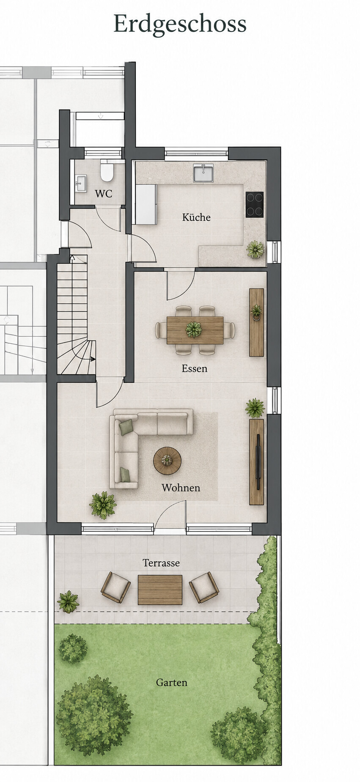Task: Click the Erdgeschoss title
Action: coord(180,24)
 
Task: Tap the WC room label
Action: coord(104,194)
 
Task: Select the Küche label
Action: coord(196,217)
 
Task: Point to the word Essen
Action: coord(195,368)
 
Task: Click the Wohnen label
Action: coord(181,488)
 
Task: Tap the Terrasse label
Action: coord(161,563)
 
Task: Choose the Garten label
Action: coord(171,682)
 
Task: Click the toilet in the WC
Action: coord(107,170)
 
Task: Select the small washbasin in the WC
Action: coord(81,184)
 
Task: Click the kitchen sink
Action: coord(203,173)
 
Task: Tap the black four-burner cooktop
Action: coord(254,205)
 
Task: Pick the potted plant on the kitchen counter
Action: coord(256,249)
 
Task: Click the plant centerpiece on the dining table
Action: coord(193,329)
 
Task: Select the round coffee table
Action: coord(167,461)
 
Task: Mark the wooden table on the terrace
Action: coord(160,590)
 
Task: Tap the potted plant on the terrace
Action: coord(68,602)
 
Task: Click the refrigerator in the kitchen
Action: coord(146,204)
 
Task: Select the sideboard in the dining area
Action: coord(256,322)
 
